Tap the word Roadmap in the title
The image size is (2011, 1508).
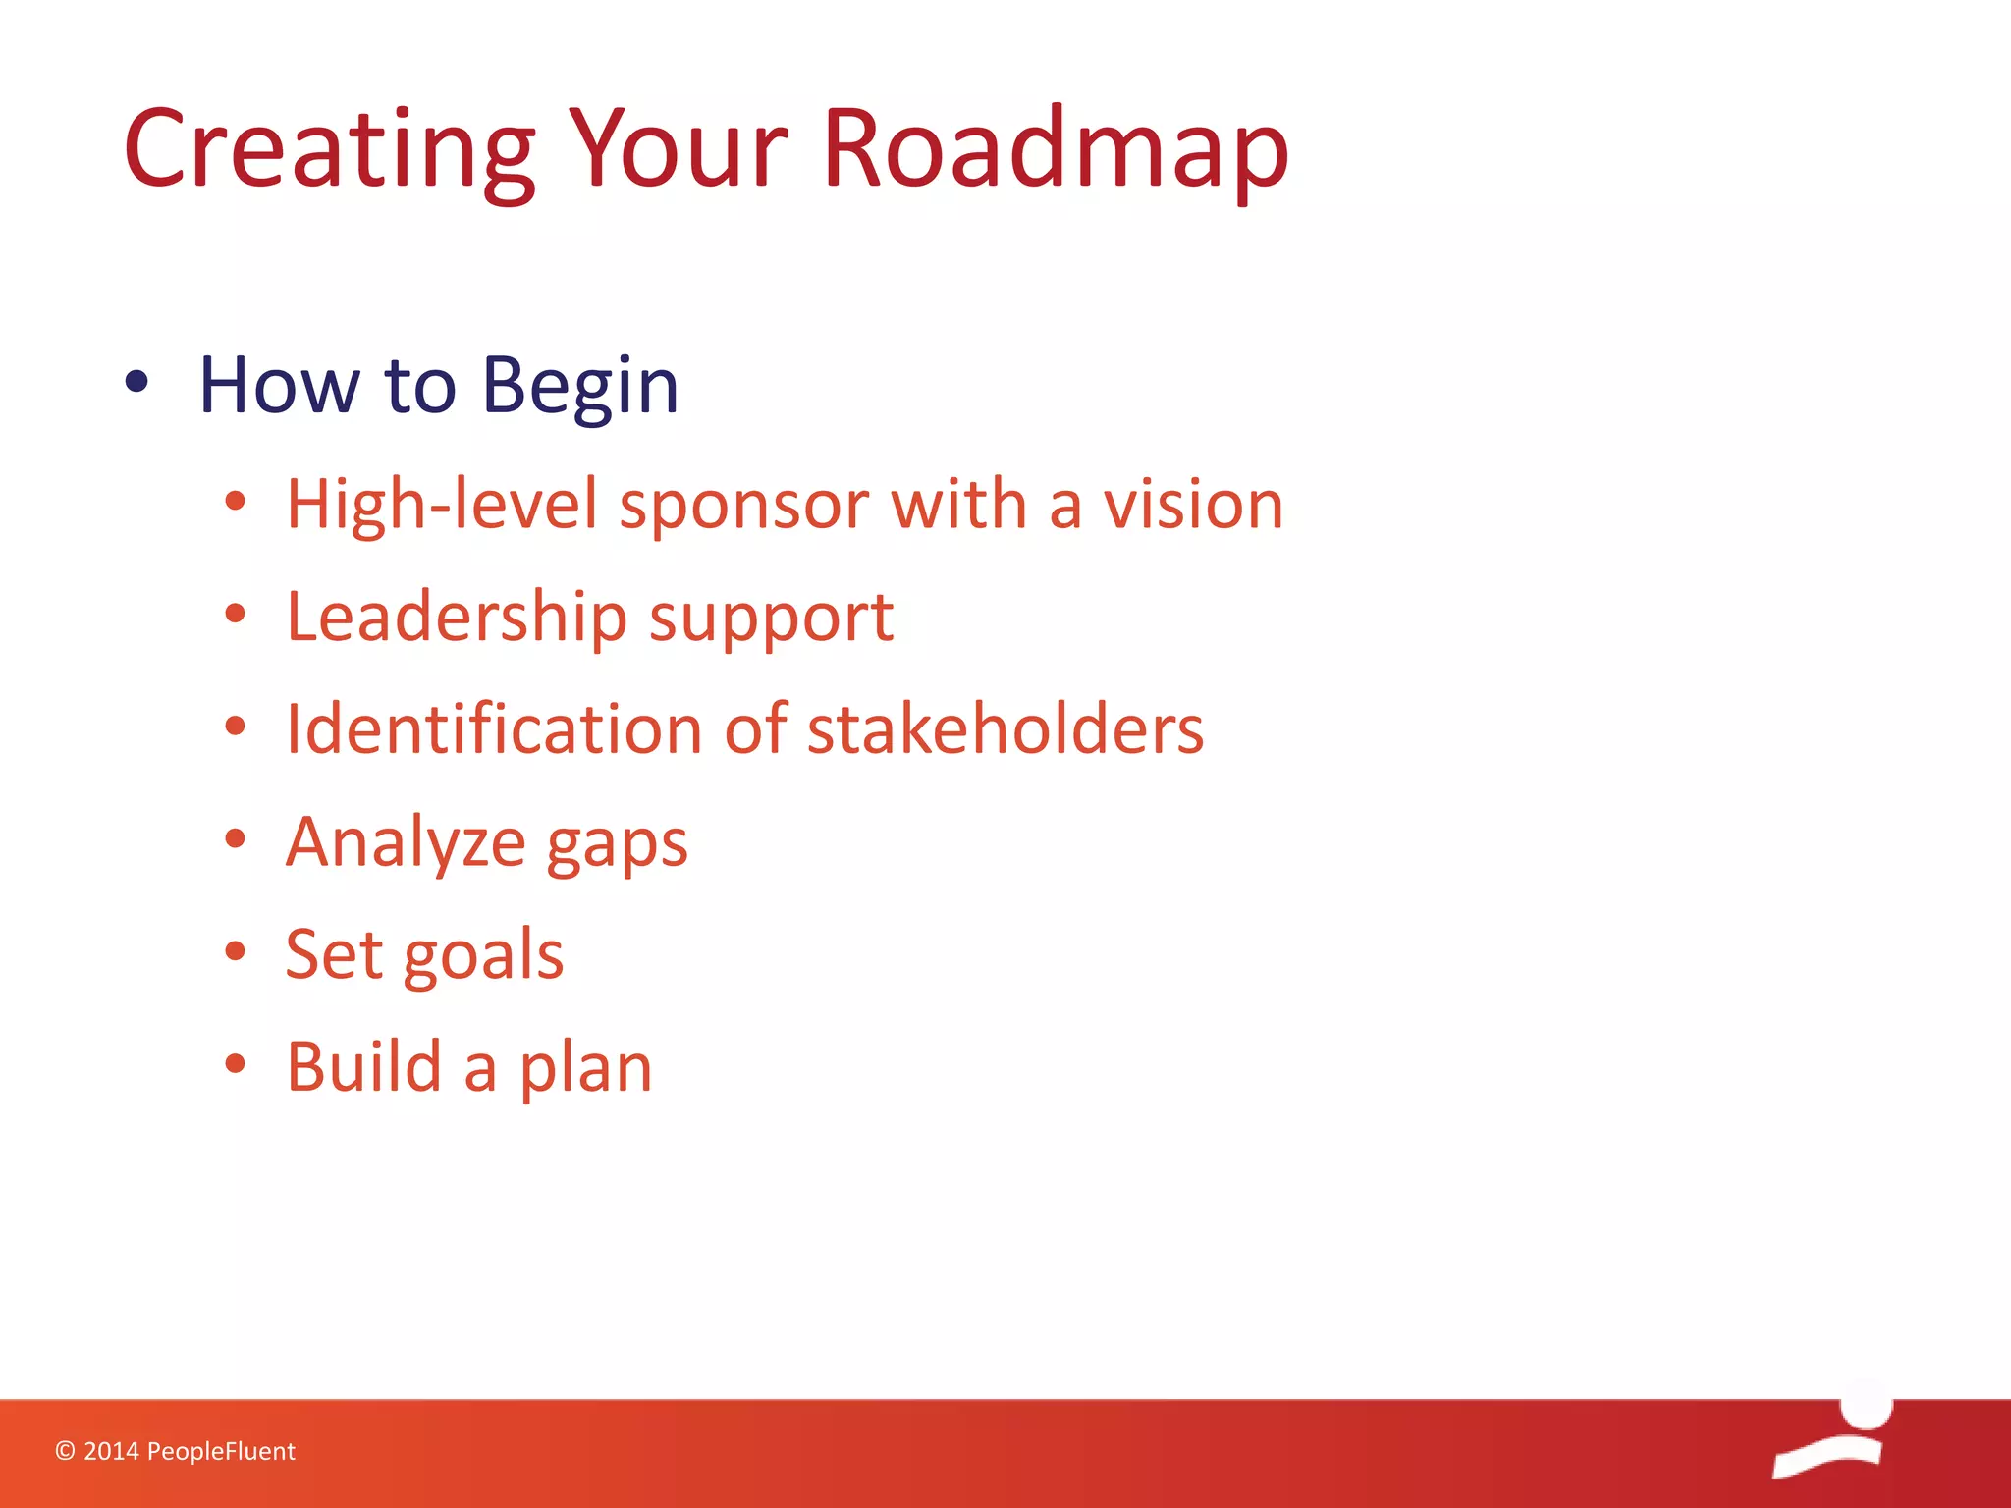tap(1055, 149)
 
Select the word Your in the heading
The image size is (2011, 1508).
tap(678, 149)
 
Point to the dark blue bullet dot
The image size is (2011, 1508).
tap(137, 383)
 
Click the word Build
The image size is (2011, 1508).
tap(363, 1067)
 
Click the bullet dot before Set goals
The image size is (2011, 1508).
tap(235, 950)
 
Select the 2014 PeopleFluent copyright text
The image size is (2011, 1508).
tap(175, 1451)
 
